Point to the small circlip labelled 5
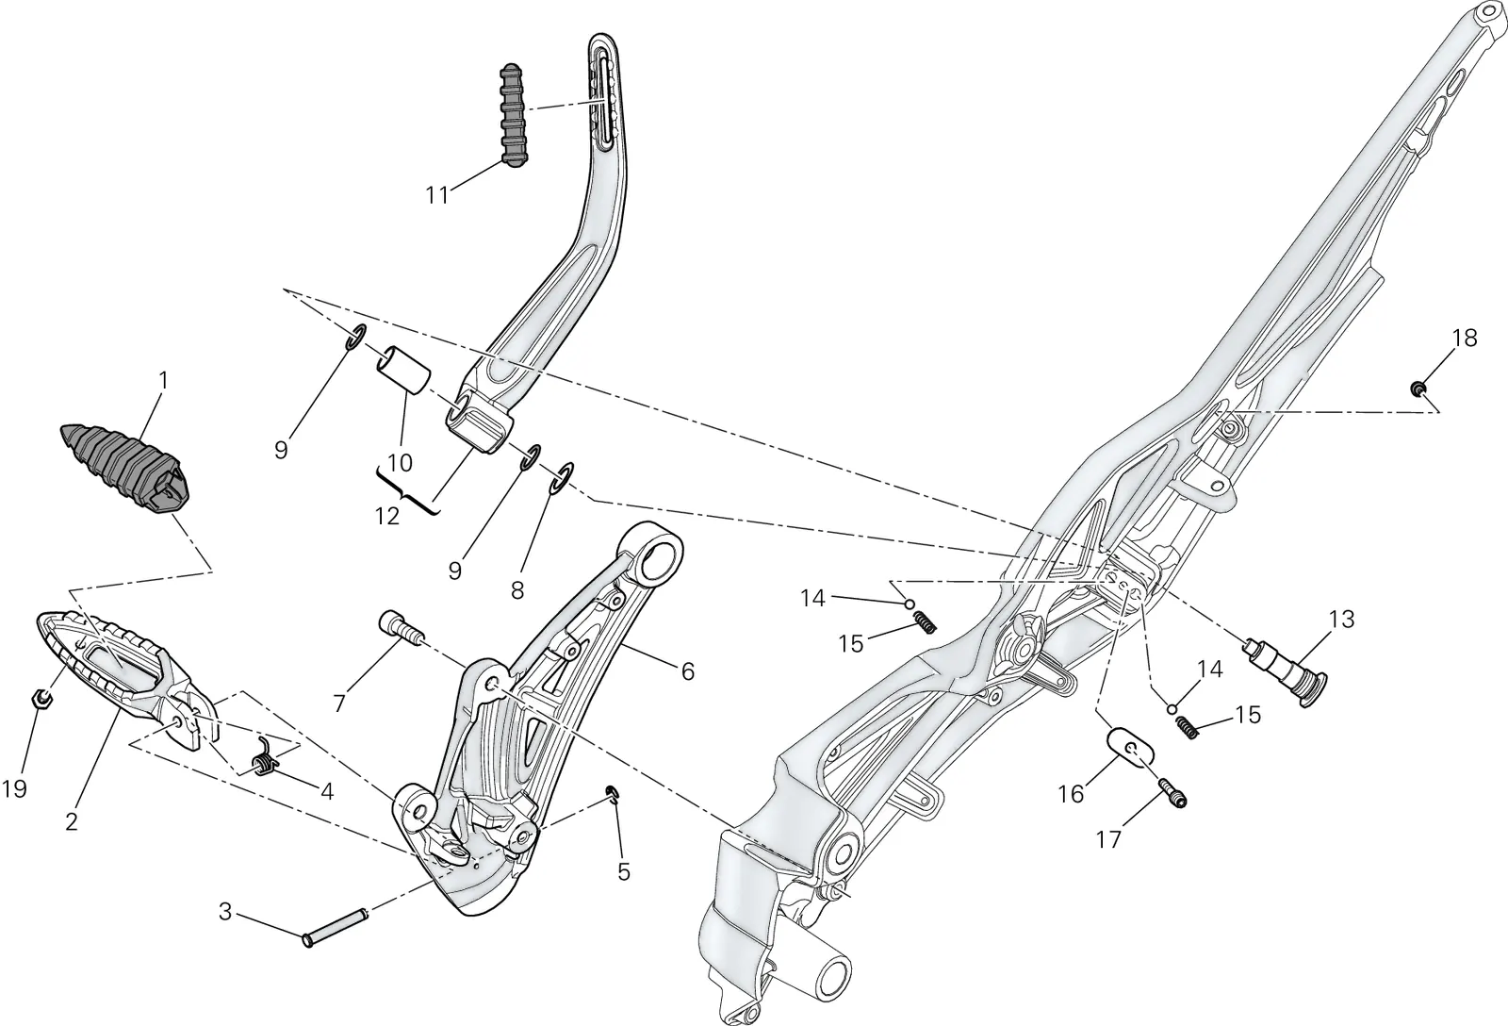click(613, 791)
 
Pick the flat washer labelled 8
click(563, 477)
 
